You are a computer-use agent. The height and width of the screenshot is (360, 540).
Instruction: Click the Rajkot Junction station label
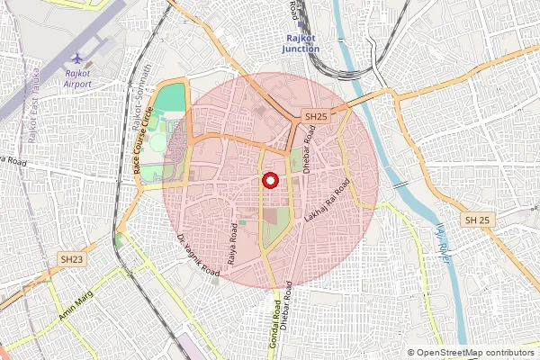(x=301, y=44)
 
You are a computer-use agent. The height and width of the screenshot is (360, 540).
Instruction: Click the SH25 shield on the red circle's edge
(x=315, y=117)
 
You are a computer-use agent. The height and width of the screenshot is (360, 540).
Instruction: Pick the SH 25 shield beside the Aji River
(x=476, y=220)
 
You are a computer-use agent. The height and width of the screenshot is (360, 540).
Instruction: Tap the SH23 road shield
(x=72, y=259)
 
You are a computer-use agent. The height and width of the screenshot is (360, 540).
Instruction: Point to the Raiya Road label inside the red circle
(x=232, y=243)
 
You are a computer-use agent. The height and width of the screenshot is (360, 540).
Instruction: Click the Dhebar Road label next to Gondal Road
(x=288, y=311)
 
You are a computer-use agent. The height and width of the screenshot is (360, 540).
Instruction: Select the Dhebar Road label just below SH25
(x=308, y=148)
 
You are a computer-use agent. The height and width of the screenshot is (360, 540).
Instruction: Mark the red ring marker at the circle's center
(x=269, y=181)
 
